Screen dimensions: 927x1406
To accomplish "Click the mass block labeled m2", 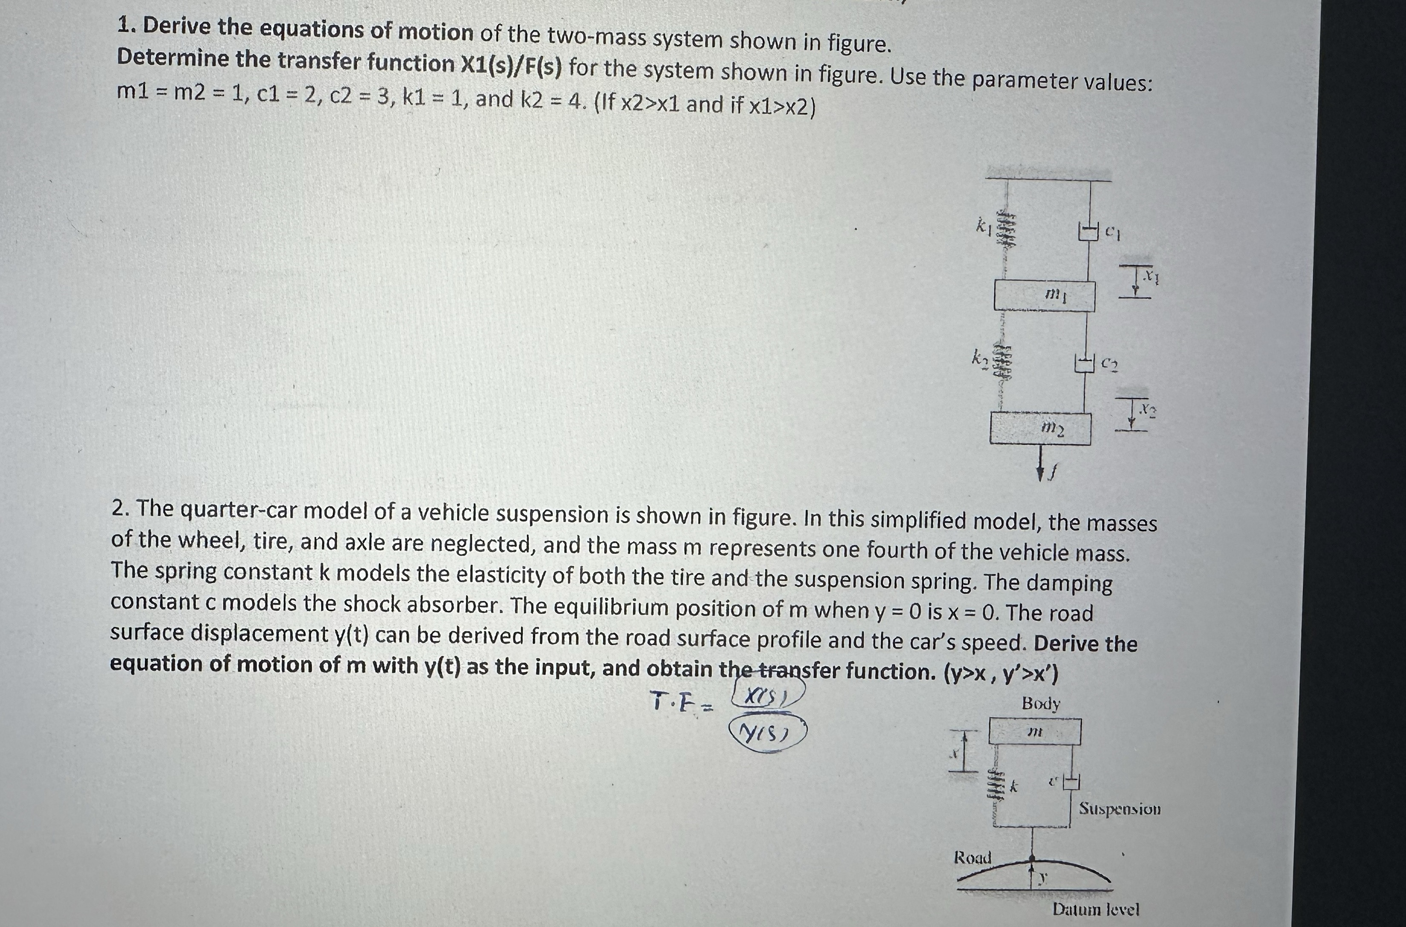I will tap(1040, 428).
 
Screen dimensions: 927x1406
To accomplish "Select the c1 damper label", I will tap(1113, 232).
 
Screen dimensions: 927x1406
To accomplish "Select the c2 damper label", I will tap(1109, 364).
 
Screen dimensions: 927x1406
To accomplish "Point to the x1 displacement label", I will tap(1149, 275).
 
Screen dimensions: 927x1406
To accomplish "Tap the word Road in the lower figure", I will tap(973, 857).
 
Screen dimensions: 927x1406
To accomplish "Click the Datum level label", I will tap(1095, 909).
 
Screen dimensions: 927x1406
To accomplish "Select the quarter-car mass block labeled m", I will tap(1034, 732).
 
